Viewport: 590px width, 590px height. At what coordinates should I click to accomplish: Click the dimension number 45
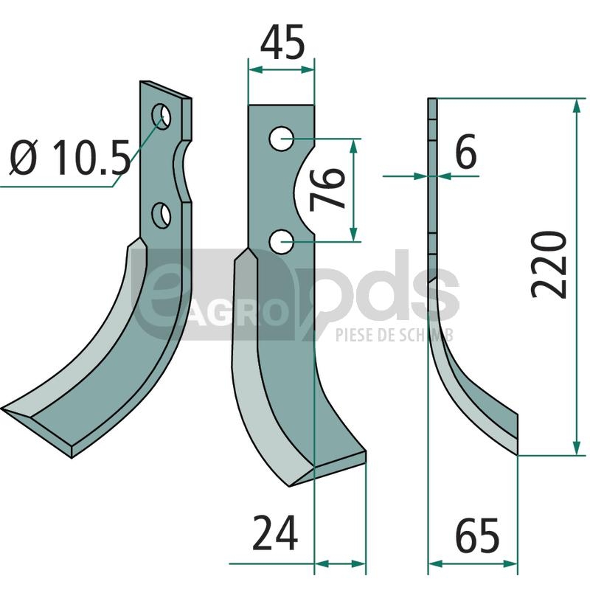point(282,42)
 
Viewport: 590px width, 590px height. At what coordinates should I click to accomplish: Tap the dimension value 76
point(327,190)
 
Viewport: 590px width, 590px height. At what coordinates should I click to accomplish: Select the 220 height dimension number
point(549,265)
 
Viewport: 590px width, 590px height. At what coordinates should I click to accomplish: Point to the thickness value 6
point(466,151)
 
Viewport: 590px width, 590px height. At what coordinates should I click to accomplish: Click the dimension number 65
point(477,535)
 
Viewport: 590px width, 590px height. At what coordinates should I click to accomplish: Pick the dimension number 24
point(275,532)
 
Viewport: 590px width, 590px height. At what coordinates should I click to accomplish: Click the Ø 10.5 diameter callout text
point(70,158)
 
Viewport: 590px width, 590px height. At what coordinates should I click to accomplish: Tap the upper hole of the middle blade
point(282,139)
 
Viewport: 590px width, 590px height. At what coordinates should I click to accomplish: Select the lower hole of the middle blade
point(282,241)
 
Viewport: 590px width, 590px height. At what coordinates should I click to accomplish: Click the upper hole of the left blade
point(161,117)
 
